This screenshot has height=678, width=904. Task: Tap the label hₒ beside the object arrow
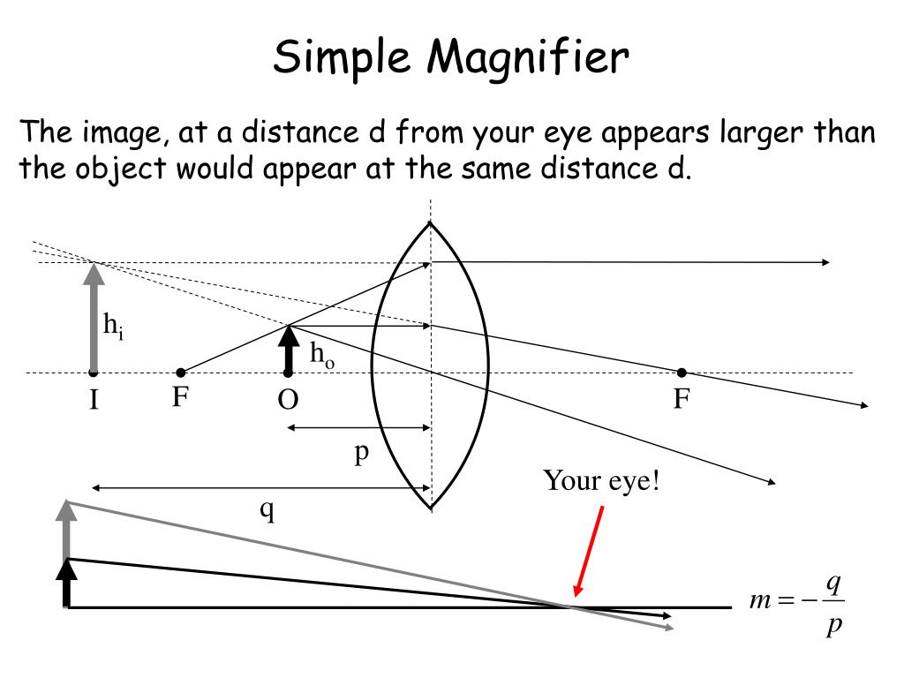pos(321,355)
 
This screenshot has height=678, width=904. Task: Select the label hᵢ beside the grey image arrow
pos(112,327)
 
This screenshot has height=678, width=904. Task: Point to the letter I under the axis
pos(93,402)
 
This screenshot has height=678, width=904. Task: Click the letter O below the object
pos(288,401)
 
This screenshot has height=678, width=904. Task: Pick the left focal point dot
pos(181,373)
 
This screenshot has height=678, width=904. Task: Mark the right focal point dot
pos(682,373)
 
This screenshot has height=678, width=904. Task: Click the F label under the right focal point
pos(682,400)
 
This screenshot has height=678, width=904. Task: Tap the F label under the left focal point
pos(181,398)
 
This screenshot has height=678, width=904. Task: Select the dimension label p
pos(360,453)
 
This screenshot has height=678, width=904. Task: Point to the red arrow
pos(590,552)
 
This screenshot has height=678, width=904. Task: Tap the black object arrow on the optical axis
pos(288,349)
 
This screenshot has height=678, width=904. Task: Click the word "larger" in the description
pos(753,133)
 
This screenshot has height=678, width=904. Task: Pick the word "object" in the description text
pos(115,169)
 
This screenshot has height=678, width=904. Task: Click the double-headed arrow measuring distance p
pos(358,428)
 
